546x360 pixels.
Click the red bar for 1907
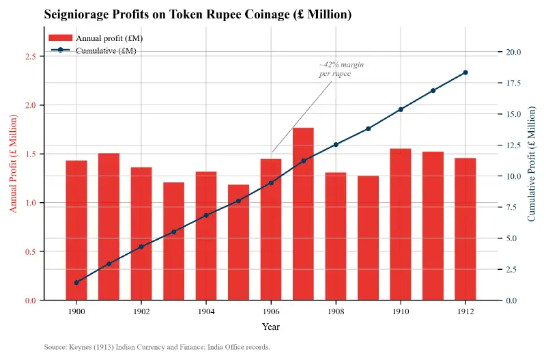click(303, 214)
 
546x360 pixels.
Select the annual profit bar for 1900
click(76, 230)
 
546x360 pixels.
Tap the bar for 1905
click(238, 242)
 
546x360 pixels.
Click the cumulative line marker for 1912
click(465, 72)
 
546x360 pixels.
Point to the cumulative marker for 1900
click(76, 283)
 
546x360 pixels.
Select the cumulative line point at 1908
click(336, 145)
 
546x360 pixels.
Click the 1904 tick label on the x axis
click(206, 311)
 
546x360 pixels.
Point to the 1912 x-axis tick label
click(465, 311)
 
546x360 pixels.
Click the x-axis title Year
click(271, 327)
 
